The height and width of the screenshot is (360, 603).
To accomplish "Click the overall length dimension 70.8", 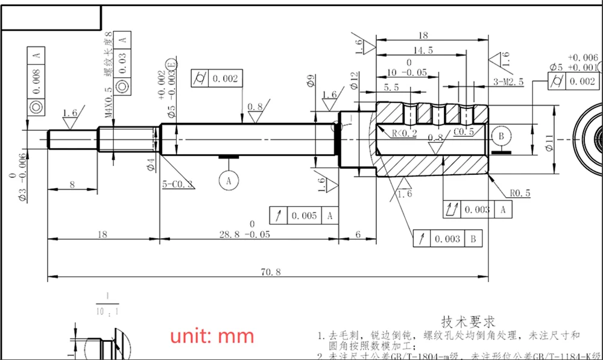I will (x=271, y=272).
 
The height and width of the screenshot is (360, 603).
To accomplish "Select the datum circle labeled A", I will (x=229, y=179).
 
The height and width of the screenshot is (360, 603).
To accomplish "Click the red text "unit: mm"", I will (x=211, y=335).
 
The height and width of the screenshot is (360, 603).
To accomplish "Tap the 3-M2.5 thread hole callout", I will (x=508, y=81).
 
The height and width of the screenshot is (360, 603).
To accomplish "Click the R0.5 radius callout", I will (x=519, y=194).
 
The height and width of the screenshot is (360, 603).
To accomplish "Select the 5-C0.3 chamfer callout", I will (x=178, y=184).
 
